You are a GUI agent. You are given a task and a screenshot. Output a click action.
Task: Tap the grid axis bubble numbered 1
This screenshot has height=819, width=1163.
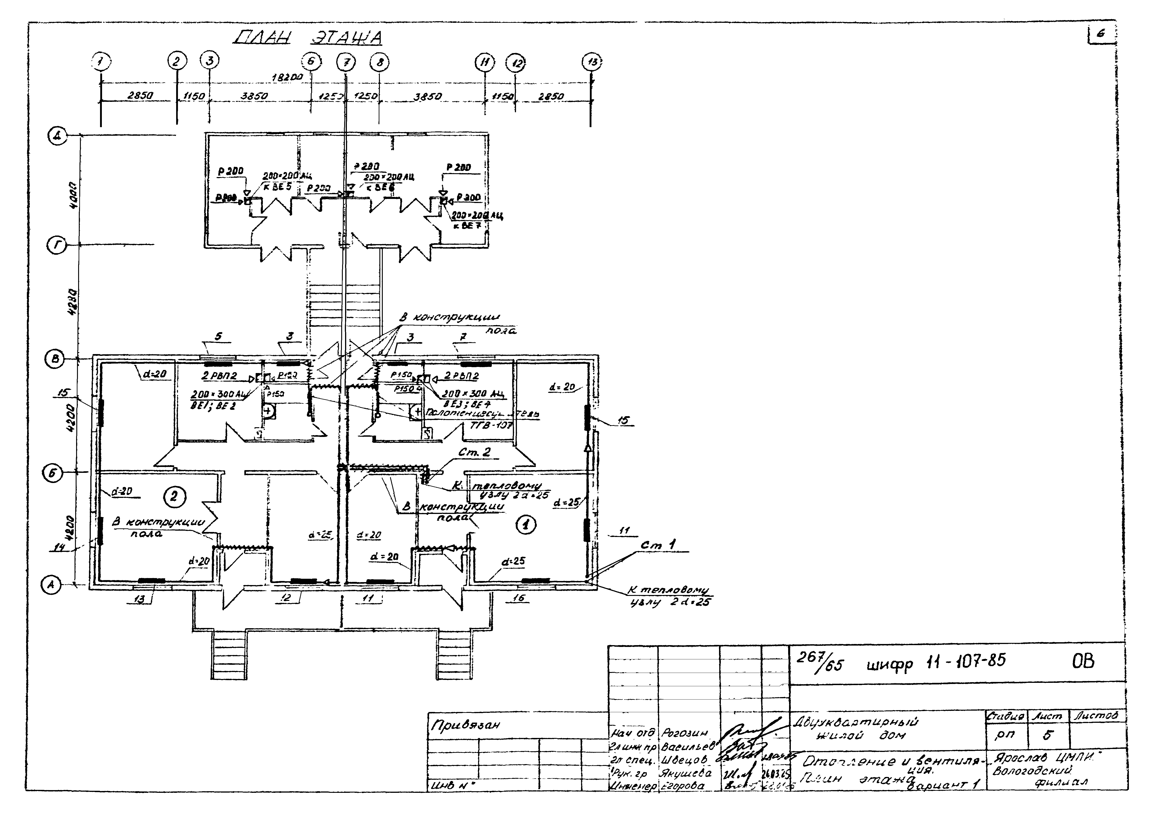coord(101,62)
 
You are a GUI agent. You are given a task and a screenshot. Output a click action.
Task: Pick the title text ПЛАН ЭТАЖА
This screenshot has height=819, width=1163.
coord(308,37)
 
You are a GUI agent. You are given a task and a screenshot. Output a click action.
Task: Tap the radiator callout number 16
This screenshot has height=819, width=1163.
coord(519,598)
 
